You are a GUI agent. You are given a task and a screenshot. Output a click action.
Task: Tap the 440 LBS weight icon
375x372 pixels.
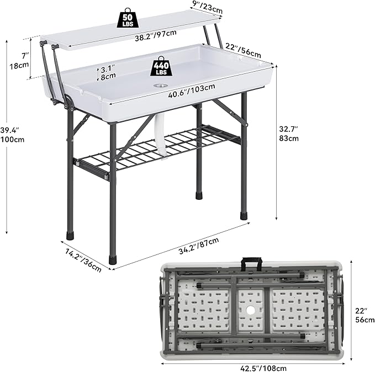pyautogui.click(x=161, y=66)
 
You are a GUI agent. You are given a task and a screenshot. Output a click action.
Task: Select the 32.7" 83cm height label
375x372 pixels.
pyautogui.click(x=289, y=134)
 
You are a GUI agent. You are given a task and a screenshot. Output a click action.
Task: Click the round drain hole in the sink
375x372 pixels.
pyautogui.click(x=161, y=86)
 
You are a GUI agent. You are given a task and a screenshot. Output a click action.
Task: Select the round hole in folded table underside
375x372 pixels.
pyautogui.click(x=251, y=311)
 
